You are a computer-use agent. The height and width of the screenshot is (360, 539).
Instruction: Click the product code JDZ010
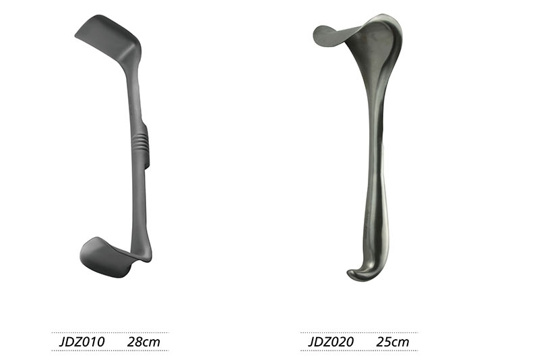click(82, 342)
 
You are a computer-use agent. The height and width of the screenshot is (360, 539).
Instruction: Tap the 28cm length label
click(144, 342)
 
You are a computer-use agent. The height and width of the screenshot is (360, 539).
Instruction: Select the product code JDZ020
click(331, 342)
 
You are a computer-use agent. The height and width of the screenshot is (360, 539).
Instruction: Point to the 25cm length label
click(393, 342)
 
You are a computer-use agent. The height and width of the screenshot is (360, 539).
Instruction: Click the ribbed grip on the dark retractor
click(140, 140)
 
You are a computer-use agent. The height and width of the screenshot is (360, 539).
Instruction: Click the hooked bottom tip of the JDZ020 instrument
click(358, 273)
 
